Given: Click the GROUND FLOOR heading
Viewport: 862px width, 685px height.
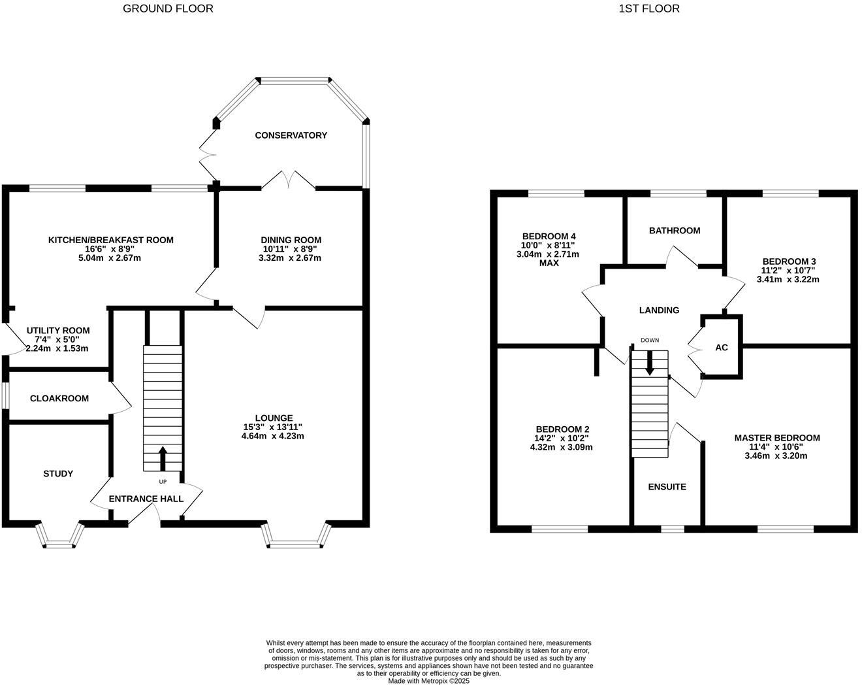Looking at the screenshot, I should pyautogui.click(x=168, y=8).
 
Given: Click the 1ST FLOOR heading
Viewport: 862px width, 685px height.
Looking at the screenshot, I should pyautogui.click(x=648, y=8).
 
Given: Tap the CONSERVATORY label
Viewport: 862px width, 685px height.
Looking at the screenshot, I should pyautogui.click(x=291, y=135).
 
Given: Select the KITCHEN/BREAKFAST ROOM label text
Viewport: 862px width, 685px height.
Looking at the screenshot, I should pyautogui.click(x=111, y=240).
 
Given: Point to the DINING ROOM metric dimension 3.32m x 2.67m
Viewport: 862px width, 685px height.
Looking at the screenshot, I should pyautogui.click(x=291, y=258).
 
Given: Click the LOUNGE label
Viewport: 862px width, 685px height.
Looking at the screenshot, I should pyautogui.click(x=274, y=418).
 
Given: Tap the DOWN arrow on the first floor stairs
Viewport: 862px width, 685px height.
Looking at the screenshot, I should pyautogui.click(x=649, y=363).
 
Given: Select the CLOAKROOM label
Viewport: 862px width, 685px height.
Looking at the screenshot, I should pyautogui.click(x=59, y=398).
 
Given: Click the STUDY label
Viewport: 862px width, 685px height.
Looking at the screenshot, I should pyautogui.click(x=58, y=474).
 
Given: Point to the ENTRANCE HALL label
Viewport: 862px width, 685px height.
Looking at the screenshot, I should pyautogui.click(x=146, y=499).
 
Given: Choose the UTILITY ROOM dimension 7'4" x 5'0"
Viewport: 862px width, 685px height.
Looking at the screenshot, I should pyautogui.click(x=57, y=340).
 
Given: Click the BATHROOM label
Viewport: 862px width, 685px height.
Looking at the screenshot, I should pyautogui.click(x=675, y=231).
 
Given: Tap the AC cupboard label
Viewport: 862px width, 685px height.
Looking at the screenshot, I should pyautogui.click(x=722, y=348).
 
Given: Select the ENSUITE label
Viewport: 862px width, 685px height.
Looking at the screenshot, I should pyautogui.click(x=667, y=487).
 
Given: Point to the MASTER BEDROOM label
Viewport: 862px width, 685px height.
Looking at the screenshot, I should pyautogui.click(x=776, y=438).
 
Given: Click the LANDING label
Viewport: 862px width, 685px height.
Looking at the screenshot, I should pyautogui.click(x=659, y=310).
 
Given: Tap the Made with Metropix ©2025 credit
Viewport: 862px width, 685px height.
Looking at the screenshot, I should pyautogui.click(x=428, y=680).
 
